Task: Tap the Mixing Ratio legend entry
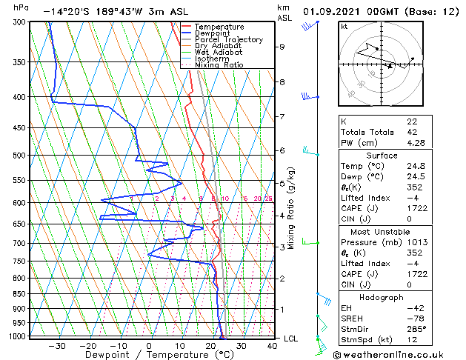(x=219, y=65)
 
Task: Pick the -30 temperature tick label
(x=56, y=346)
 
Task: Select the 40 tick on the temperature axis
(x=272, y=346)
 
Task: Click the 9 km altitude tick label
(x=282, y=47)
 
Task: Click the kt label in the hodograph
(x=344, y=26)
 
